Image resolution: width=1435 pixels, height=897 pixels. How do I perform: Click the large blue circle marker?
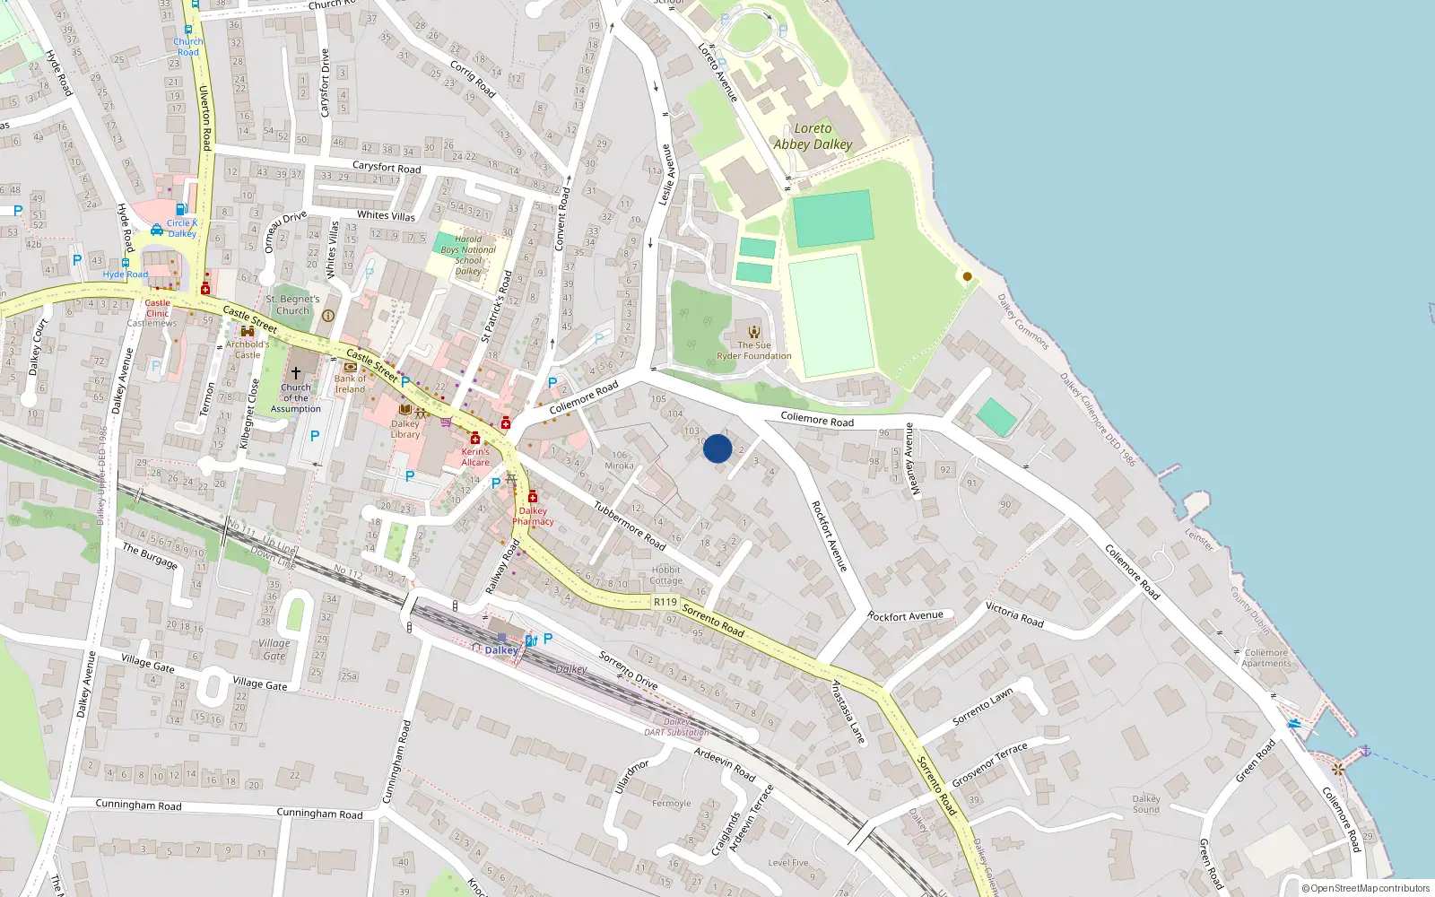pos(717,448)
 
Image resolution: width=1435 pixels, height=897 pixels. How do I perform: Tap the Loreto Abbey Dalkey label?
pos(813,136)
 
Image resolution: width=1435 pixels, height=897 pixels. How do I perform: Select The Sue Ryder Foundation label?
pos(753,351)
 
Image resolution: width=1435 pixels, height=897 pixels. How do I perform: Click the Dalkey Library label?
pos(404,430)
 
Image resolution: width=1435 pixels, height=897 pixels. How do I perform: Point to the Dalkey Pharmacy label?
pos(533,516)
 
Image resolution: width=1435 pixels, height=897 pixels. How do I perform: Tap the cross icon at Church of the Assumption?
pos(295,372)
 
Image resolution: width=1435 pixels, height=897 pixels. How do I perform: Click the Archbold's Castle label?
pos(247,349)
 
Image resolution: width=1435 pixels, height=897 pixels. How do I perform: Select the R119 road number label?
pos(665,602)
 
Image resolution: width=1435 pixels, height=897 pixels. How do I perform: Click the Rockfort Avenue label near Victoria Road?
pos(905,616)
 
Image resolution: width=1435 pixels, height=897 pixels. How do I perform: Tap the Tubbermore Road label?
pos(630,526)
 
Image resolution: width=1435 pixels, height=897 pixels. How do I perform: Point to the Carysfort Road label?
pos(386,167)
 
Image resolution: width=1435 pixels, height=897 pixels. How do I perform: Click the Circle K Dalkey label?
pos(181,228)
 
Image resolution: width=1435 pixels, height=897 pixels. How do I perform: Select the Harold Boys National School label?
pos(468,255)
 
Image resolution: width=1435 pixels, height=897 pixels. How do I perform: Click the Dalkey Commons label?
pos(1022,321)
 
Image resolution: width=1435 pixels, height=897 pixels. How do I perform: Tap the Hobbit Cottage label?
pos(665,575)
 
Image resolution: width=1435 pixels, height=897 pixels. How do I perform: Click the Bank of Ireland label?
pos(350,384)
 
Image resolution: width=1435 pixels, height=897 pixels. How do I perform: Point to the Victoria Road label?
pos(1014,614)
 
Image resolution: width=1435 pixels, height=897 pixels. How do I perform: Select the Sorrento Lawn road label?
pos(982,706)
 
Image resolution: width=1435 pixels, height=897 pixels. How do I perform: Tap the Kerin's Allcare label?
pos(475,457)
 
